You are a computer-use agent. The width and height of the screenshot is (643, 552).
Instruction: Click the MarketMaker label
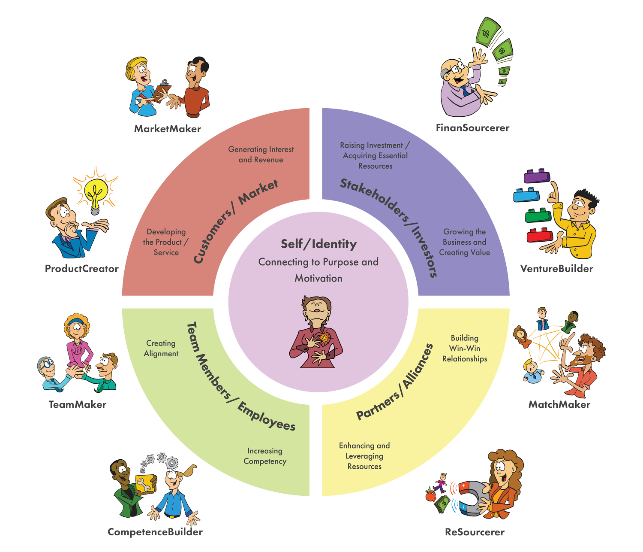pos(167,129)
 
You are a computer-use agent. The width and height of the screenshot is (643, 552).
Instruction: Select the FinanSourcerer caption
pos(472,128)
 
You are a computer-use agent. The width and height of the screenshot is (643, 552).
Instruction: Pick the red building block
pos(540,235)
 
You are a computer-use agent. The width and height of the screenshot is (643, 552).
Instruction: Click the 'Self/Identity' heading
pos(318,244)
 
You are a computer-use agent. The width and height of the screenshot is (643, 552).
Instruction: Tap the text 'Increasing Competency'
pos(265,456)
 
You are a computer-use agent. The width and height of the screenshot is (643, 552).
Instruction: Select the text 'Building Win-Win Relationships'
pos(465,348)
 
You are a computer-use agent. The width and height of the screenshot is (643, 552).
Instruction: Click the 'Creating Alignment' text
pos(161,348)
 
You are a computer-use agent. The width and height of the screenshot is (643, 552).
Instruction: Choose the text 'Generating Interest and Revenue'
pos(261,155)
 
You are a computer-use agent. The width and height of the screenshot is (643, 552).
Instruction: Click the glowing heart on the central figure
pos(324,338)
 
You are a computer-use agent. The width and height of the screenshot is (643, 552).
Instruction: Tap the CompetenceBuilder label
pos(155,532)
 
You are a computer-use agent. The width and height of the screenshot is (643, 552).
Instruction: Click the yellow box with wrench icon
pos(145,484)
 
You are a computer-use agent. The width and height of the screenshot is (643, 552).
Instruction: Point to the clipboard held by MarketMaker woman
pos(162,91)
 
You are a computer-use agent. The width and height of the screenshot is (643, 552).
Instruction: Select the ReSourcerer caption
pos(475,532)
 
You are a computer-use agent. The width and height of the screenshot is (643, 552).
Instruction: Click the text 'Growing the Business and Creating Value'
pos(464,242)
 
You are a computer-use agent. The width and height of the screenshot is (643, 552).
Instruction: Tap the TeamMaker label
pos(77,404)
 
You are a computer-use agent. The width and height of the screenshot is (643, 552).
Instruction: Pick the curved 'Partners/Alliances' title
pos(395,382)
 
